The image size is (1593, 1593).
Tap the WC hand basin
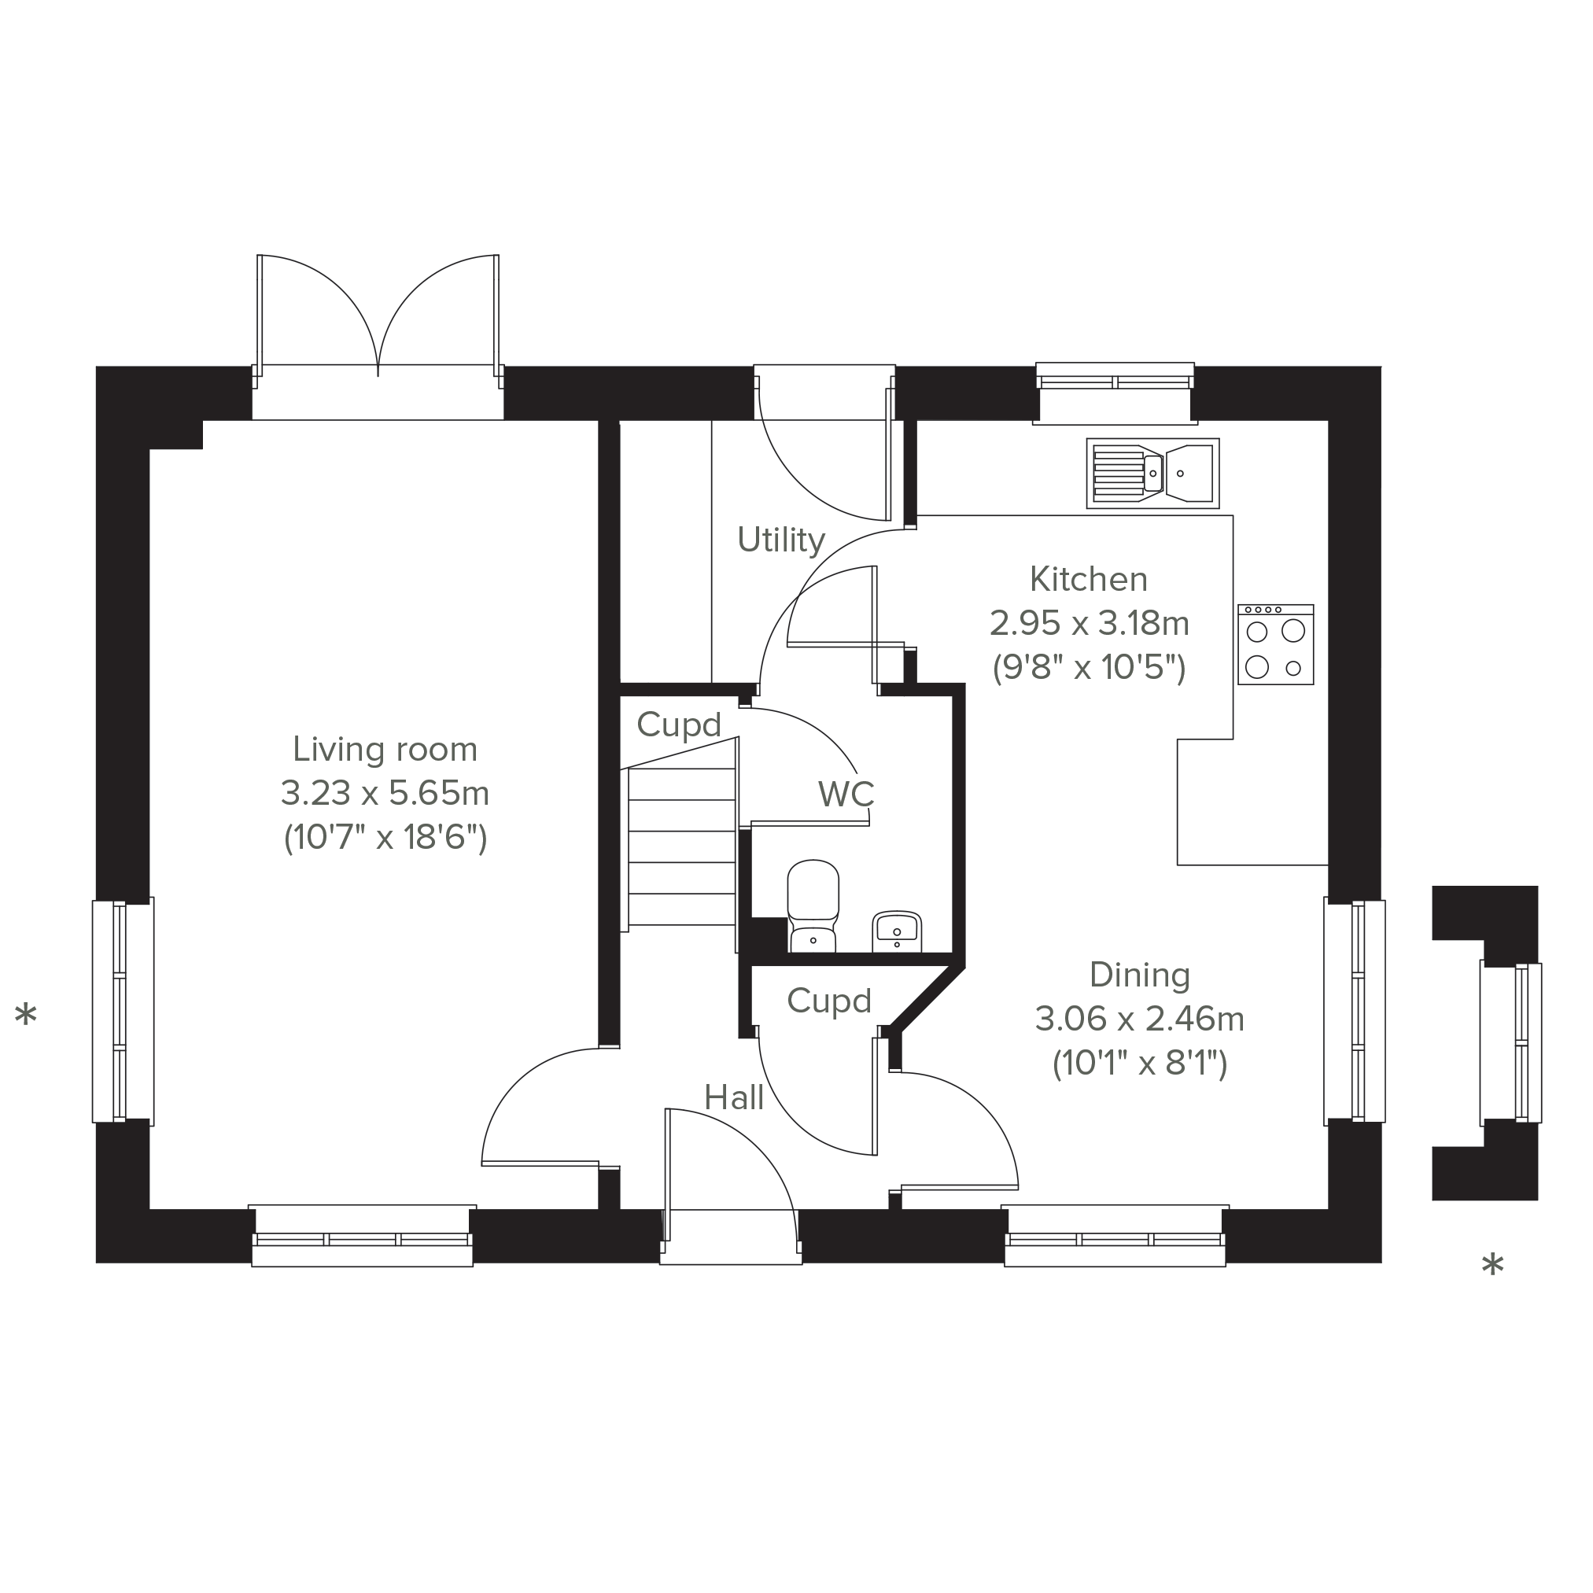[897, 931]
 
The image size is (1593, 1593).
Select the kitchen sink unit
[1152, 474]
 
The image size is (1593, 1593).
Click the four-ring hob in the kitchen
[1275, 644]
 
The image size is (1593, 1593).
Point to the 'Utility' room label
[781, 540]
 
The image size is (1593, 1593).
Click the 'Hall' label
[734, 1097]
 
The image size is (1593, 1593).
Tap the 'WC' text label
[846, 794]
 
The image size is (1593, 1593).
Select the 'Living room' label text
[385, 750]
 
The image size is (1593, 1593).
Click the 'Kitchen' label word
[1089, 580]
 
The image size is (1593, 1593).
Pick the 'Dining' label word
[1140, 975]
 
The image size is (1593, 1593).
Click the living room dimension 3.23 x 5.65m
[385, 793]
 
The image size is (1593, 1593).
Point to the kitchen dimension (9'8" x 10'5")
[1089, 667]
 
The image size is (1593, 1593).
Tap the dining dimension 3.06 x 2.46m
[1140, 1019]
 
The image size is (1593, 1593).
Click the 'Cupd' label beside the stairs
[679, 725]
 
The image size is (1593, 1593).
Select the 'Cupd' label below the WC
[828, 1001]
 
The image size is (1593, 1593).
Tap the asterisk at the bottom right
[1492, 1264]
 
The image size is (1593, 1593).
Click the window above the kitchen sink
[1115, 393]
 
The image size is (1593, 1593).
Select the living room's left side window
[123, 1011]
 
